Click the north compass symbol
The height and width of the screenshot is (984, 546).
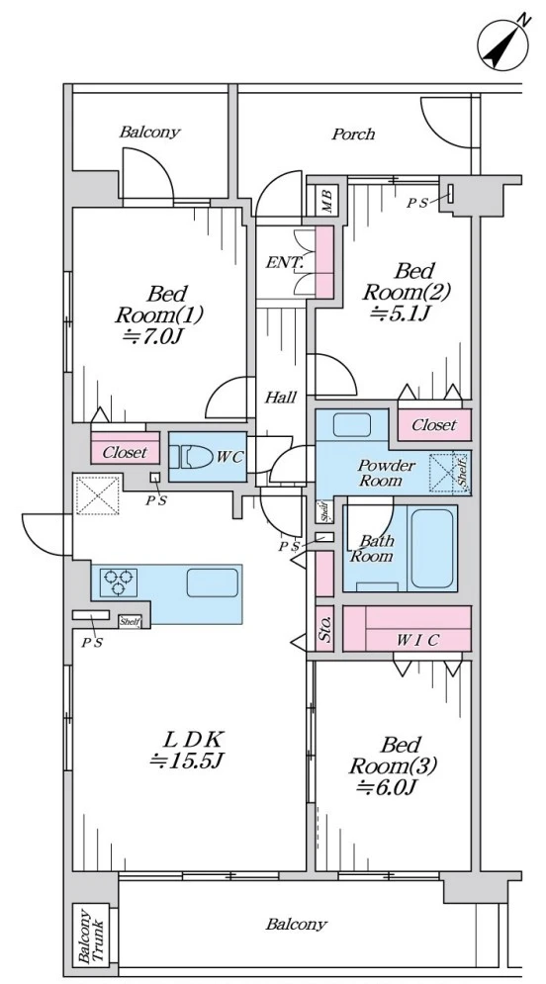tap(503, 44)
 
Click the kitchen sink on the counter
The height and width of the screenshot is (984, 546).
tap(212, 582)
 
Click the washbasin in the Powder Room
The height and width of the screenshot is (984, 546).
tap(351, 425)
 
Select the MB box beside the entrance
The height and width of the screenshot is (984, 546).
tap(326, 200)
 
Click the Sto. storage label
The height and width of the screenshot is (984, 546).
tap(324, 628)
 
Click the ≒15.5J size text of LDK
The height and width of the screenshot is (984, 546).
tap(187, 760)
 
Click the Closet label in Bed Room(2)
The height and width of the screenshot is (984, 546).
tap(434, 425)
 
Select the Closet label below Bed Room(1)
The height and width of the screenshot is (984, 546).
tap(125, 452)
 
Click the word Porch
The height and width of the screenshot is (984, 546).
tap(353, 134)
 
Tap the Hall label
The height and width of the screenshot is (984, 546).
tap(281, 397)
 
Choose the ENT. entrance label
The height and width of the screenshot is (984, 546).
tap(284, 262)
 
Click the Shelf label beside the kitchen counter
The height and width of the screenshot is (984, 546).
tap(131, 622)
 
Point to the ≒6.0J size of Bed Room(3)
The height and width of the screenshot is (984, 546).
tap(387, 787)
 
